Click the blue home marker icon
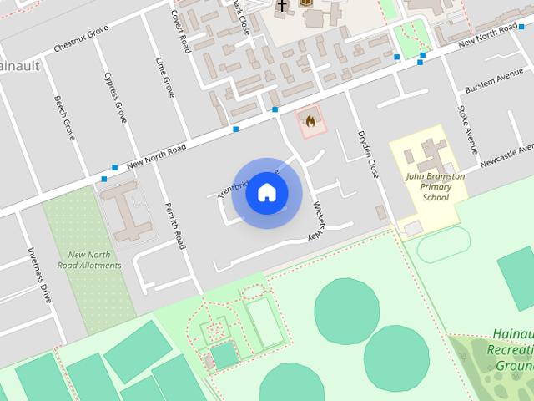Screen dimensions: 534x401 (267, 192)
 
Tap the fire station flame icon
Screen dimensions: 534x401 (310, 121)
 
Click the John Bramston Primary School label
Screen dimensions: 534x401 (436, 187)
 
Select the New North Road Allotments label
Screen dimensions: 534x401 (89, 260)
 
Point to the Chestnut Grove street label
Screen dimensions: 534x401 (81, 39)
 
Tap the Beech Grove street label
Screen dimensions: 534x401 (64, 117)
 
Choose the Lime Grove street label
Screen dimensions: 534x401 (165, 77)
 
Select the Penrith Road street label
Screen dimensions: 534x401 (174, 226)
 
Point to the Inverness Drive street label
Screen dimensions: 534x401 (39, 274)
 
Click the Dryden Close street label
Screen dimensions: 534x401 (368, 154)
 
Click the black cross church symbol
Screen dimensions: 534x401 (282, 6)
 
